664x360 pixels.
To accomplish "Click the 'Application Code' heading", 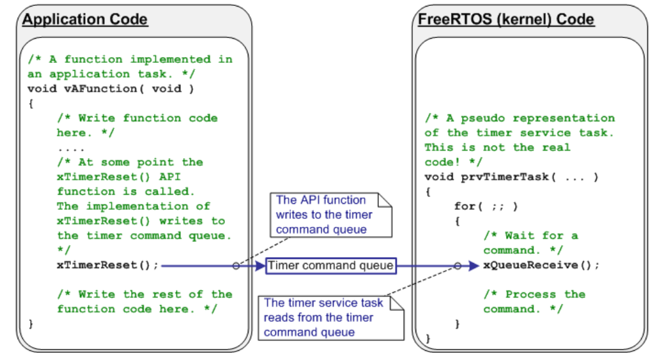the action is point(85,19).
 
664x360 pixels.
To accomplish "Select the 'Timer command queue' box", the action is point(331,266).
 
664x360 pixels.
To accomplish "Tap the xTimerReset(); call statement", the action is point(107,266).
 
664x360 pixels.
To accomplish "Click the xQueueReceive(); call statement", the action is point(541,266).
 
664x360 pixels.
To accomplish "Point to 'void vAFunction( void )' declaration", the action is point(111,89).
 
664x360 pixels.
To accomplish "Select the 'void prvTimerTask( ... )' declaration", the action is point(511,177).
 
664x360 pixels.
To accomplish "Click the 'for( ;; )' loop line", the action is point(486,207).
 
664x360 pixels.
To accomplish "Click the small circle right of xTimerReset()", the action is point(235,266).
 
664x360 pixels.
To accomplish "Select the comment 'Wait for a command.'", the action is point(531,243).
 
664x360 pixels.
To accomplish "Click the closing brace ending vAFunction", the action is point(31,323).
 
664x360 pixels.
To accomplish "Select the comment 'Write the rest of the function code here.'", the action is point(144,302).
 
